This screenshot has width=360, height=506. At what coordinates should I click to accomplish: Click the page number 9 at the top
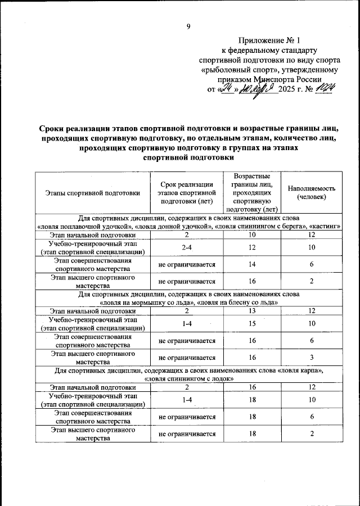click(x=188, y=26)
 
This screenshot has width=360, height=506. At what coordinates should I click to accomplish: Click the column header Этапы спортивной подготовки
click(x=92, y=193)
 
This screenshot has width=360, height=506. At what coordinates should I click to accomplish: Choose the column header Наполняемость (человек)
click(x=311, y=193)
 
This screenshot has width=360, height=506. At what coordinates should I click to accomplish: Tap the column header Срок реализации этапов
click(x=186, y=193)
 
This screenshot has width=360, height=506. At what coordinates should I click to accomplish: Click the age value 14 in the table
click(x=253, y=264)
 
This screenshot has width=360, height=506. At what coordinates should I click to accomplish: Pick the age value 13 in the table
click(x=253, y=311)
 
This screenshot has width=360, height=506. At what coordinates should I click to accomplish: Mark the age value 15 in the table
click(x=253, y=323)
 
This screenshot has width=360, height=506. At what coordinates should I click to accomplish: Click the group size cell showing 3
click(x=311, y=357)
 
